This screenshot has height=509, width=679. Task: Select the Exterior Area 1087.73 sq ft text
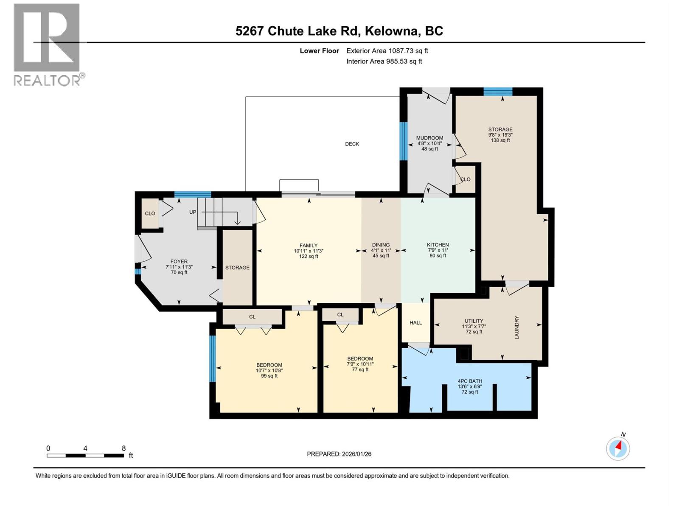(x=387, y=51)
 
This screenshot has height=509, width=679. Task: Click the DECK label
(x=352, y=144)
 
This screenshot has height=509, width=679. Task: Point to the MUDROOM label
(x=429, y=138)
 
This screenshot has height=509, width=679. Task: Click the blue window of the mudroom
(x=404, y=141)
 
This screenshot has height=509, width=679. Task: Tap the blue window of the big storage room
(x=498, y=92)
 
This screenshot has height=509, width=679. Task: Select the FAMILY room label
(x=309, y=246)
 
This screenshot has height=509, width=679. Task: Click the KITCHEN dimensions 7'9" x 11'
(x=438, y=250)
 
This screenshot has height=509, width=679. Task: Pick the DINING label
(x=381, y=245)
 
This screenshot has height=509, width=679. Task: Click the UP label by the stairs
(x=193, y=212)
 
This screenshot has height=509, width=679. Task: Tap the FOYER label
(x=179, y=262)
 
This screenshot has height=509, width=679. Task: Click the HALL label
(x=415, y=323)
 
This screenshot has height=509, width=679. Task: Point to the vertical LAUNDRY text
(x=516, y=327)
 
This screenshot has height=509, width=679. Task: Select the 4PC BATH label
(x=470, y=381)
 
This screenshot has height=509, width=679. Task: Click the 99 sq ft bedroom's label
(x=269, y=365)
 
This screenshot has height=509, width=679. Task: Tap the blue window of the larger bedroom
(x=213, y=358)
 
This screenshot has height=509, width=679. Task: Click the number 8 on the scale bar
(x=123, y=448)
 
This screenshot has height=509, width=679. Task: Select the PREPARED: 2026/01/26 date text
(x=339, y=454)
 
